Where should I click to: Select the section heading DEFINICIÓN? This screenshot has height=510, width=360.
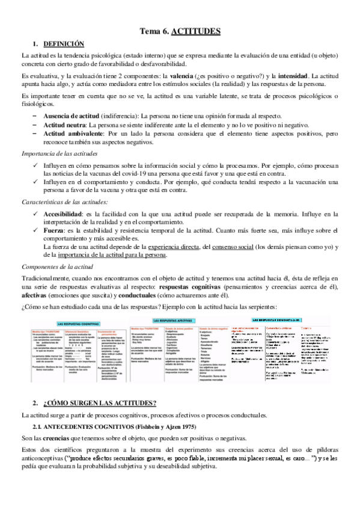click(64, 44)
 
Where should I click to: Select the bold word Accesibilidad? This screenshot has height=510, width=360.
click(66, 213)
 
